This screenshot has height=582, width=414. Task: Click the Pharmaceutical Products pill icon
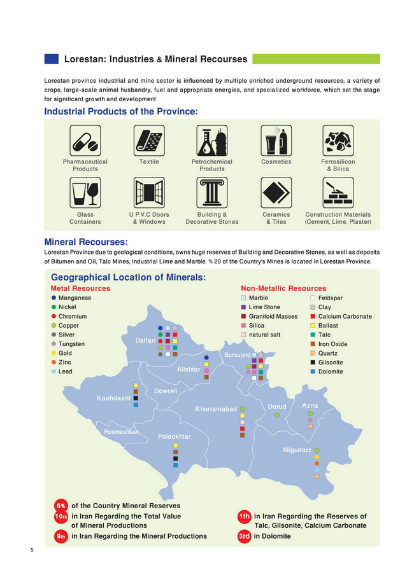pos(85,139)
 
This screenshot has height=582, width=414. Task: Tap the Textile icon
pos(149,139)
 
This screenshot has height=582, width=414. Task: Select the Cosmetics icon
pos(276,139)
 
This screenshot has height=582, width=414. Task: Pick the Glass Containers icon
pos(85,191)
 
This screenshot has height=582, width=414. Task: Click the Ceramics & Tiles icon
pos(276,191)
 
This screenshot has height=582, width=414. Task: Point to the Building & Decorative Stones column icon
pos(212,191)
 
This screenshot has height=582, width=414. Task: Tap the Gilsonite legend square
pos(313,363)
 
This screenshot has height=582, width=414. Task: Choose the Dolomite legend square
pos(313,371)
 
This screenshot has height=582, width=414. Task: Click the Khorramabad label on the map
pos(216,408)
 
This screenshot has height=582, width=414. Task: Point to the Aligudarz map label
pos(296,450)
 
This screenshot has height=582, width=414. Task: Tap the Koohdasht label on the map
pos(113,398)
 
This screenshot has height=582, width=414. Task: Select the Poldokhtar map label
pos(174,436)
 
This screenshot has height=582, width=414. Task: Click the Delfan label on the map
pos(146,341)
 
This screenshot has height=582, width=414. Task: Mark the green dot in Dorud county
pos(277,415)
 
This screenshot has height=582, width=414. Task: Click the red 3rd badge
pos(244,536)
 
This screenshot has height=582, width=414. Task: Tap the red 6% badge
pos(62,506)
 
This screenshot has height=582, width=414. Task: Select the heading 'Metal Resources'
pos(80,289)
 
